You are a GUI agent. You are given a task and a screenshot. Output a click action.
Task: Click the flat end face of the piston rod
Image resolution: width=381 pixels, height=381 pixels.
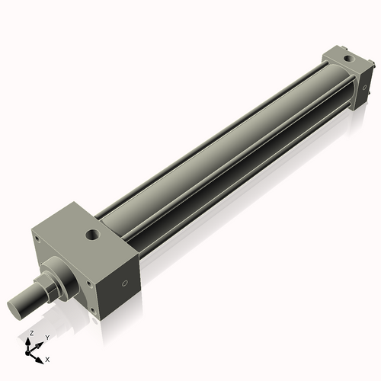click(18, 308)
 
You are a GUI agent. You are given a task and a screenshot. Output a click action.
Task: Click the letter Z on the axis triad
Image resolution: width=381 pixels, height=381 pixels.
click(30, 334)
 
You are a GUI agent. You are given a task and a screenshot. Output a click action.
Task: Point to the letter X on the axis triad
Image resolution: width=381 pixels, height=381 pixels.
click(48, 358)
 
